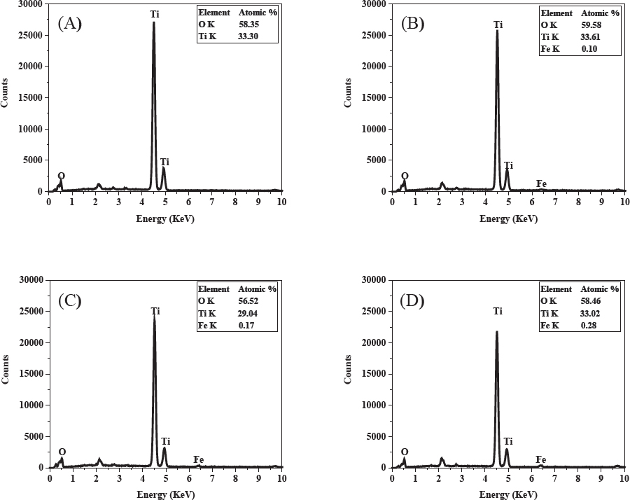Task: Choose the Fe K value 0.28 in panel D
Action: pos(593,326)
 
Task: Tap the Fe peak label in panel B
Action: pos(541,183)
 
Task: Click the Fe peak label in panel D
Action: pos(541,459)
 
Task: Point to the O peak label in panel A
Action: pos(62,176)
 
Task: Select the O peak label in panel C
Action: pos(62,452)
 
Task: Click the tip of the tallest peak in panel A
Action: pos(153,22)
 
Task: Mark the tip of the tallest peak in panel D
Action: pos(496,332)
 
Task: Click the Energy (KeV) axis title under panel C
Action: pos(164,494)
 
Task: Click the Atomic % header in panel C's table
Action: pos(257,289)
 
